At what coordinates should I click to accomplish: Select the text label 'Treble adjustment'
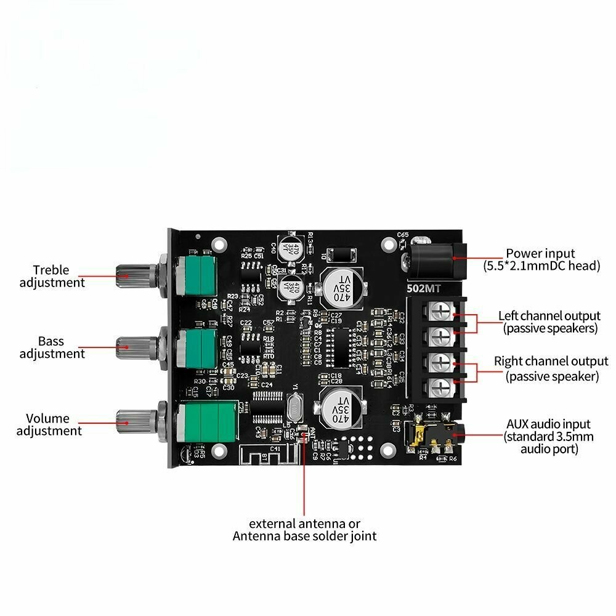pos(52,276)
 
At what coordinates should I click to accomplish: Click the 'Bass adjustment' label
pos(52,347)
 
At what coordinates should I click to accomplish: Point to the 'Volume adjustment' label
pos(49,424)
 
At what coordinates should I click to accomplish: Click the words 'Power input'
pos(540,253)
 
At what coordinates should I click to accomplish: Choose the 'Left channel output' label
pos(549,316)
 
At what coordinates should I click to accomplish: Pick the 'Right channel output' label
pos(551,362)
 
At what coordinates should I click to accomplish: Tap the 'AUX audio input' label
pos(548,424)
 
